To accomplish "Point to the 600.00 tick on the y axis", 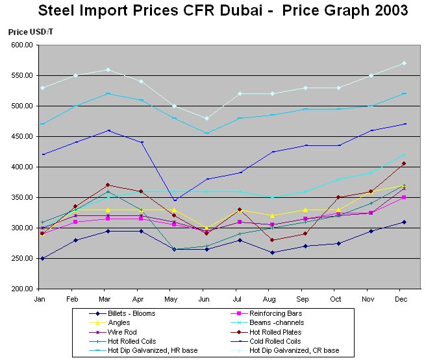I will coord(21,45).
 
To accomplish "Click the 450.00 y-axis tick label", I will coord(21,137).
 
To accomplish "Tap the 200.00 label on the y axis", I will coord(21,289).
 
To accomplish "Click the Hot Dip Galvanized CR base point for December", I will coord(403,63).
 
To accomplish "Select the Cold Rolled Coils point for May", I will coord(173,200).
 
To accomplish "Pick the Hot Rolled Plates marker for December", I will coord(403,163).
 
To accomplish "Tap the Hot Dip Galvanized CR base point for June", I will coord(207,118).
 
